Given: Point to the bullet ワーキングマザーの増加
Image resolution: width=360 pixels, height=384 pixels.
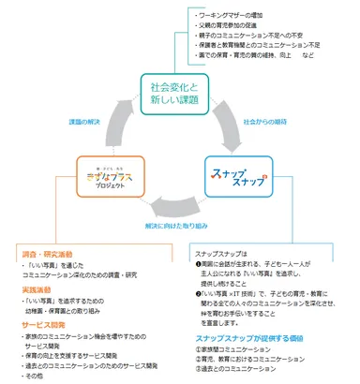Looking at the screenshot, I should (x=237, y=16).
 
